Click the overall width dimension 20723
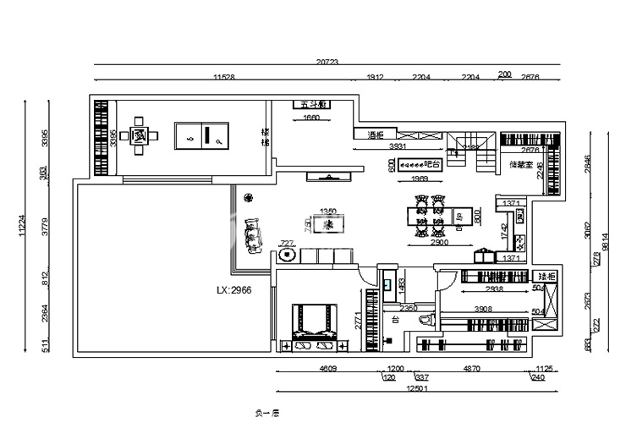[327, 62]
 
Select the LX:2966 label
[234, 289]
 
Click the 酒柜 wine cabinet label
[376, 135]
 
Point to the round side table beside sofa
[287, 254]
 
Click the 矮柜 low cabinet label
[546, 277]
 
